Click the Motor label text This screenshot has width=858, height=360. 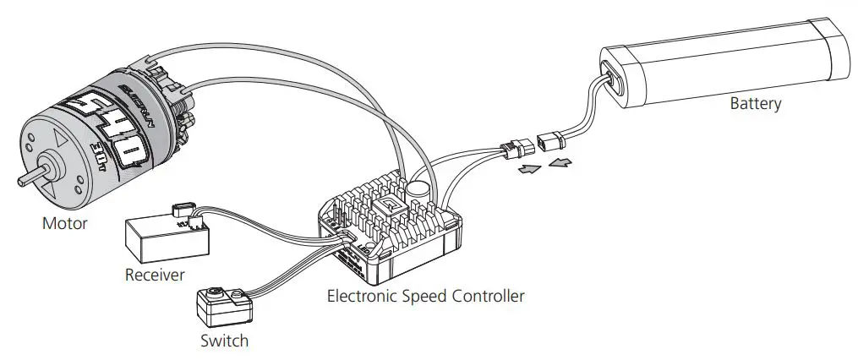point(64,224)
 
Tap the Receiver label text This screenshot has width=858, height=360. point(155,275)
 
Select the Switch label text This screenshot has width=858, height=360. point(224,341)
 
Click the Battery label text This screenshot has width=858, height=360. point(756,104)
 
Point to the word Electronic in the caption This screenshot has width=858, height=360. point(363,297)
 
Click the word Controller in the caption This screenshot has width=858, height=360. point(489,297)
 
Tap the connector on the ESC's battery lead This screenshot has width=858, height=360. point(513,148)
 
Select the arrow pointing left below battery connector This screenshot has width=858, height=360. point(559,161)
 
